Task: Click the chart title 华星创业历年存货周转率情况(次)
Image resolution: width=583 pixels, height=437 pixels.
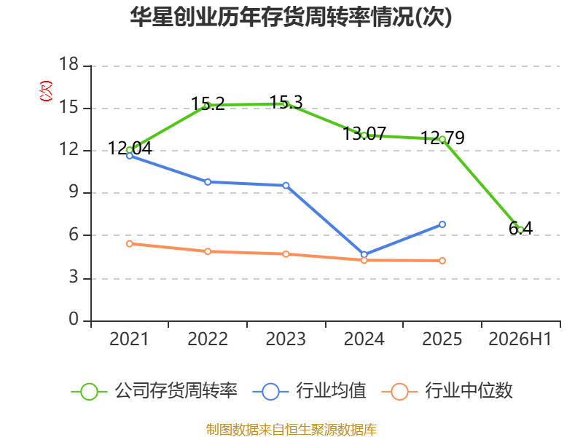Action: click(x=291, y=17)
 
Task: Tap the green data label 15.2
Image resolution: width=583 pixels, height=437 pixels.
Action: click(x=208, y=103)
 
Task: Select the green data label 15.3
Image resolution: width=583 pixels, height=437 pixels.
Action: click(x=286, y=102)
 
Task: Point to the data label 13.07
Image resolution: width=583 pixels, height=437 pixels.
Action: click(x=364, y=133)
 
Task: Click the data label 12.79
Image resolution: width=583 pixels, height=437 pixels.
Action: click(x=442, y=138)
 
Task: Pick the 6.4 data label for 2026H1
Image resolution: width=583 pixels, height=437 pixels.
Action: click(x=520, y=228)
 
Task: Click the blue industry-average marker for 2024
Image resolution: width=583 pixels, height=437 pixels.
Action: click(x=364, y=255)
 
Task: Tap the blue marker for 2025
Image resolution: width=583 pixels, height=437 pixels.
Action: click(x=442, y=224)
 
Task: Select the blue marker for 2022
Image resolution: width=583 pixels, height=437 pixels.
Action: click(x=208, y=182)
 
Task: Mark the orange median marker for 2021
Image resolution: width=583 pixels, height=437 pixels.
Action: click(x=130, y=244)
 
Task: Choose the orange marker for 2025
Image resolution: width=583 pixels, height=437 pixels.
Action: click(x=442, y=261)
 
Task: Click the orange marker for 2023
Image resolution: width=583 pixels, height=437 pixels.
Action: click(x=286, y=254)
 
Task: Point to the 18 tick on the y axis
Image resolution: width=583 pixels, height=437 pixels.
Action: click(x=69, y=64)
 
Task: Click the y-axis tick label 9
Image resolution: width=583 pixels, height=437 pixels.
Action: click(x=74, y=192)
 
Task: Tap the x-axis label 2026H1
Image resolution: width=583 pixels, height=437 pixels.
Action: click(x=520, y=339)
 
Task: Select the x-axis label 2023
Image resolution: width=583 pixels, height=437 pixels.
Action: click(x=286, y=339)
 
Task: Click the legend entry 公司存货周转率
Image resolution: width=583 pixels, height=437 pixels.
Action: click(x=154, y=391)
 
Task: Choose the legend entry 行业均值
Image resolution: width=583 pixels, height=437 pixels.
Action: click(x=309, y=391)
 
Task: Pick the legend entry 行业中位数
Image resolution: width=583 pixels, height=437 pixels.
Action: click(x=447, y=391)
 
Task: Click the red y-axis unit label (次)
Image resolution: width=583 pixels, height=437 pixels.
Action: click(x=46, y=90)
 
